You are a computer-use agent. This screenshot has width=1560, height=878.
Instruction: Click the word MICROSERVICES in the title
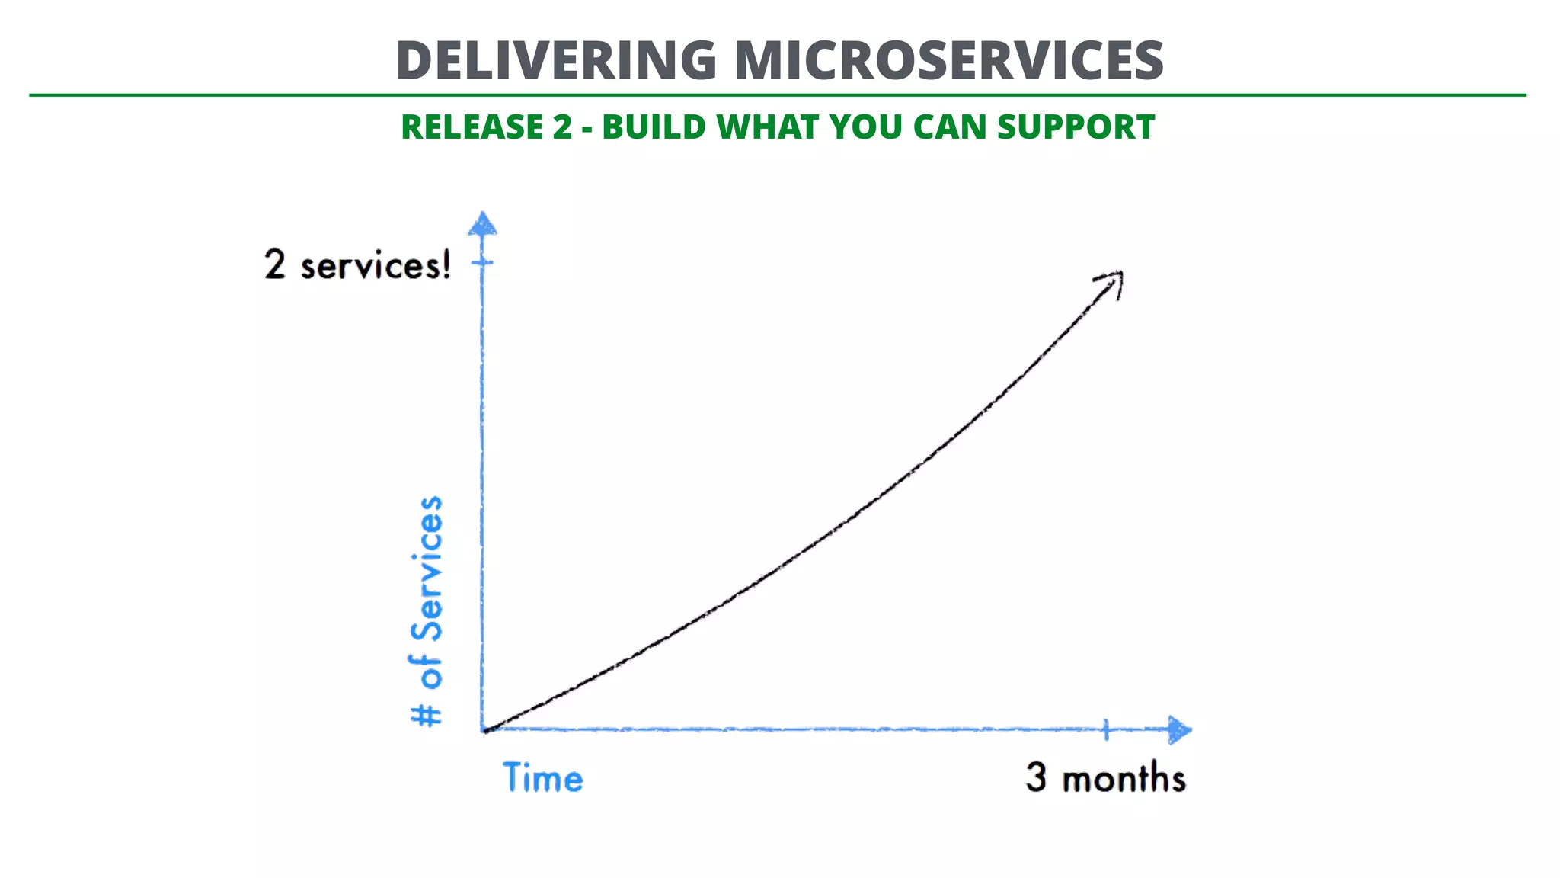pos(948,61)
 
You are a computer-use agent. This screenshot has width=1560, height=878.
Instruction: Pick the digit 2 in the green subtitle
pos(562,127)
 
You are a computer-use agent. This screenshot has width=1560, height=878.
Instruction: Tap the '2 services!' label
pos(357,265)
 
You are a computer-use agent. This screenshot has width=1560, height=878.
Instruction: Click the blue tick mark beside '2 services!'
pos(482,263)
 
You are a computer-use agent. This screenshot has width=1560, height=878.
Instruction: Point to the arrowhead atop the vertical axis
pos(482,224)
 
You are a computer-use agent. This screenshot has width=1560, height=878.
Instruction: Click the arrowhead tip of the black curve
pos(1118,276)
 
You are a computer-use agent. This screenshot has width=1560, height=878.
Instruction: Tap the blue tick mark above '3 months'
pos(1106,729)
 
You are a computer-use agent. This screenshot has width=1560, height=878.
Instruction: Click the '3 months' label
pos(1105,778)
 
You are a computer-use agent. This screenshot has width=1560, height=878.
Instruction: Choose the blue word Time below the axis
pos(543,778)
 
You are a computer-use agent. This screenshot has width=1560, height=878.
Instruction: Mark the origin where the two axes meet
pos(484,730)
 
